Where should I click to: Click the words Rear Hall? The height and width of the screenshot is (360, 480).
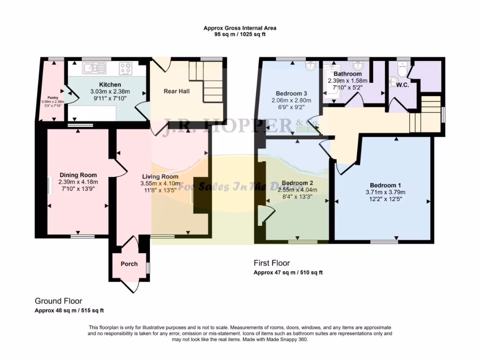pyautogui.click(x=176, y=91)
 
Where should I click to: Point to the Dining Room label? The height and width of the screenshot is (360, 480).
pyautogui.click(x=78, y=175)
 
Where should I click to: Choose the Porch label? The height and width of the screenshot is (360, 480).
pyautogui.click(x=129, y=264)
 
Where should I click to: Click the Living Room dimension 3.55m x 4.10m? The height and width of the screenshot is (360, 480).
pyautogui.click(x=160, y=183)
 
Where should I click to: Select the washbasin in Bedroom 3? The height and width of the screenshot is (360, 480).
pyautogui.click(x=310, y=66)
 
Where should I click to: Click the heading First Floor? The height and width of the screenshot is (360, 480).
pyautogui.click(x=271, y=263)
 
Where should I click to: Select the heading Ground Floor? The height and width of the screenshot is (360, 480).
pyautogui.click(x=59, y=301)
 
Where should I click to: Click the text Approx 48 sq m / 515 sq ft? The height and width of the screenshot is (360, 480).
pyautogui.click(x=69, y=311)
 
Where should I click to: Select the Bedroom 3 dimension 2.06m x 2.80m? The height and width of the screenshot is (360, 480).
pyautogui.click(x=291, y=100)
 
